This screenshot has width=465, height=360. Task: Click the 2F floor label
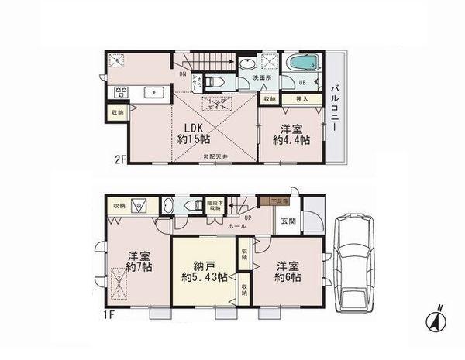pos(120,160)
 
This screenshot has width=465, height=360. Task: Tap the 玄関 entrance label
pos(288,221)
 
